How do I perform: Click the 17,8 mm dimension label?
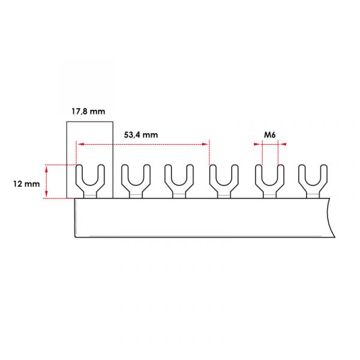pyautogui.click(x=88, y=112)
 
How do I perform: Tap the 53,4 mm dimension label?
pyautogui.click(x=141, y=135)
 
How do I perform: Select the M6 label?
pyautogui.click(x=270, y=135)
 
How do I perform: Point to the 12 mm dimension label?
pyautogui.click(x=26, y=184)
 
